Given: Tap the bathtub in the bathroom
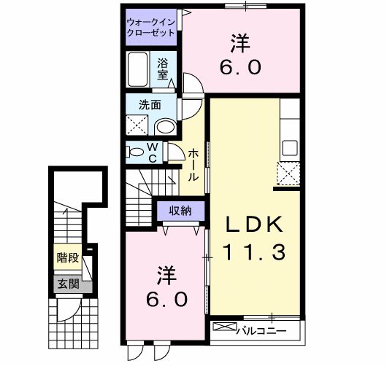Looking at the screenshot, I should click(x=139, y=70).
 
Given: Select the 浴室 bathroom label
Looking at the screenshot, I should click(x=163, y=69).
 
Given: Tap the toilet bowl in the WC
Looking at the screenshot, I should click(x=136, y=152).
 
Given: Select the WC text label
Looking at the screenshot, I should click(x=153, y=152).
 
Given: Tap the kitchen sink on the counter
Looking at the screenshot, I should click(x=288, y=147).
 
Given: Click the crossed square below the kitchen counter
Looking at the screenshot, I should click(x=288, y=173).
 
